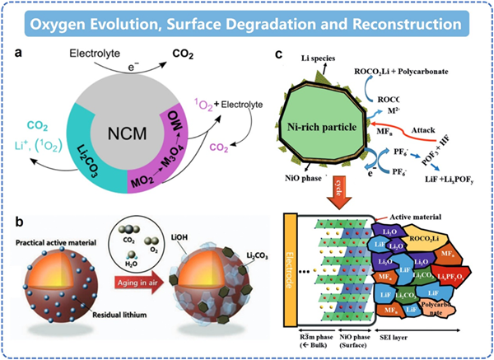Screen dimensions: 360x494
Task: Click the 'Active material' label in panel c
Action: [x=419, y=217]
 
